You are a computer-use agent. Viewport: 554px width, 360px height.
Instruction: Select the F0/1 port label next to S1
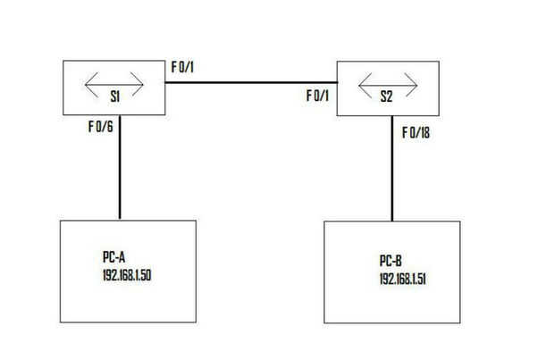coord(182,68)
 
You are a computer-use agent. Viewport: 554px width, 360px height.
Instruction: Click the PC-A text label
coord(115,255)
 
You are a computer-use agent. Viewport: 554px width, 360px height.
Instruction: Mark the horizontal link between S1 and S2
coord(250,83)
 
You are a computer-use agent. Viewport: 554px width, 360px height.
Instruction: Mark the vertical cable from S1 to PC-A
coord(119,170)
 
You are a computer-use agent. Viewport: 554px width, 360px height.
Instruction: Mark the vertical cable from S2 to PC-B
coord(391,170)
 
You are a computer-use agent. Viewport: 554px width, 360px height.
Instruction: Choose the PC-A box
coord(127,295)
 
